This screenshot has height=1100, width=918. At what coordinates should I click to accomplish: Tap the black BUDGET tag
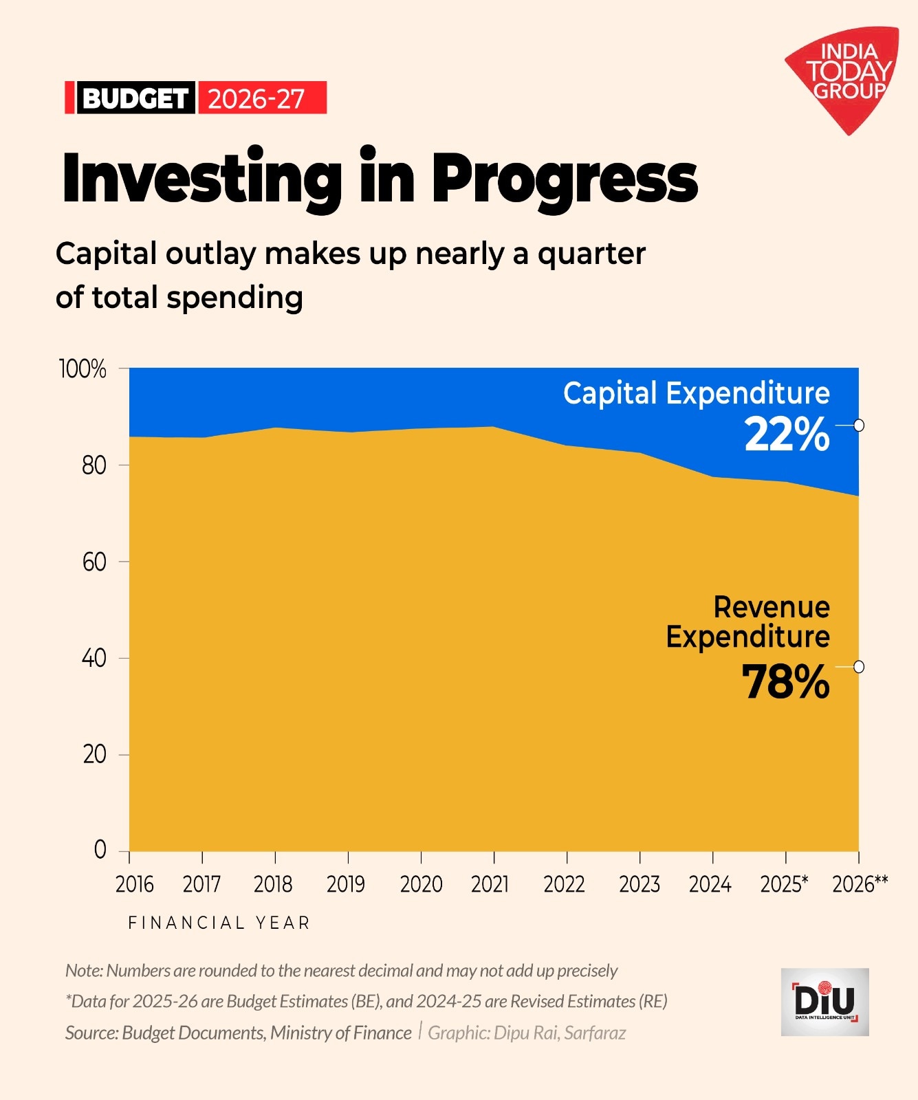(134, 98)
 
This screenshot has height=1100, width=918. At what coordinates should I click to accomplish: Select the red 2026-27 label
(258, 98)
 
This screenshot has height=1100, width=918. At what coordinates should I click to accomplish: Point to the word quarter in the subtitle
(591, 254)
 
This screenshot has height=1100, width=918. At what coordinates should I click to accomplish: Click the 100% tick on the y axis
(83, 369)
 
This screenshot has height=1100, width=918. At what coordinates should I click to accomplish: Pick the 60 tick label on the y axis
(94, 562)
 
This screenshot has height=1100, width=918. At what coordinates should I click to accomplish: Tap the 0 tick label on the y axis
(100, 850)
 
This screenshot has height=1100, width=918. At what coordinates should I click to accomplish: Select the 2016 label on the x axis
(134, 884)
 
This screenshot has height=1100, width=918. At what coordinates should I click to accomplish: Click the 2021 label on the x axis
(490, 884)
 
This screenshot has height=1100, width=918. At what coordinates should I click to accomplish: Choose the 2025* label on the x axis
(784, 884)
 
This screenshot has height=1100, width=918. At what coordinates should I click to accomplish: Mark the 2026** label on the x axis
(860, 884)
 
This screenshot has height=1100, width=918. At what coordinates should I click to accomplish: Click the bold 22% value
(787, 435)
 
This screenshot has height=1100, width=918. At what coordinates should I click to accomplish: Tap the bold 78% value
(785, 683)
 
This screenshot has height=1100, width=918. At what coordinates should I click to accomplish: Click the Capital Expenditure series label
(696, 393)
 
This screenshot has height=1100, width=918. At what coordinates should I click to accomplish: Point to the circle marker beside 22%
(859, 426)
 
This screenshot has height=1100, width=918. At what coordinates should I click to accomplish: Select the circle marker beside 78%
(859, 667)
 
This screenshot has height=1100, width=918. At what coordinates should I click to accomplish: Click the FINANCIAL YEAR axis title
(219, 923)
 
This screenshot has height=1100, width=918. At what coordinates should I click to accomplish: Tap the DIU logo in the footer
(824, 1002)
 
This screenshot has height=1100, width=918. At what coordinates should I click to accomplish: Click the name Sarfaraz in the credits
(595, 1033)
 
